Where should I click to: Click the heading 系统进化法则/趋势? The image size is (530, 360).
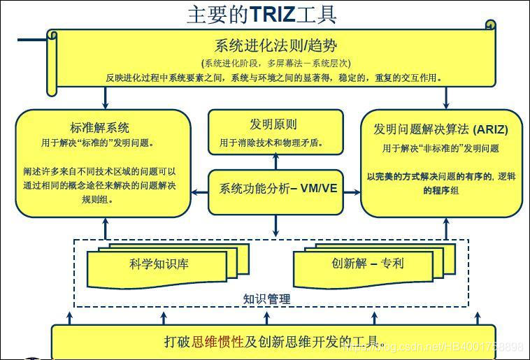pos(275,46)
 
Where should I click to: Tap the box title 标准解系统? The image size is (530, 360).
pos(100,127)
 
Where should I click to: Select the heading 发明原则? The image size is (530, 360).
pos(273,124)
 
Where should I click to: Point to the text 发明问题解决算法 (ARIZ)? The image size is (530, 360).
pos(441,129)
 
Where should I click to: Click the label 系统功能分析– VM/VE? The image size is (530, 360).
pos(278,189)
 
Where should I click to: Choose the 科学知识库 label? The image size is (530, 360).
pos(159,264)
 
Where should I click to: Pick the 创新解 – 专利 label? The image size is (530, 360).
pos(368,264)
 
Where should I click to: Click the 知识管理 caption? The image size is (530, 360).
pos(266,298)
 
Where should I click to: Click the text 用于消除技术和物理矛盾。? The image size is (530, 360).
pos(273,143)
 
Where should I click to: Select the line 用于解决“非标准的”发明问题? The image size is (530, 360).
pos(441,148)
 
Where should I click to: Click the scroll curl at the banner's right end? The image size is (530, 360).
pos(490,27)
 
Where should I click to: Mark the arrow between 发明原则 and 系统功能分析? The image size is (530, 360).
pos(275,162)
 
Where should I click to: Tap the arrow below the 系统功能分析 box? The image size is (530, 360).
pos(275,226)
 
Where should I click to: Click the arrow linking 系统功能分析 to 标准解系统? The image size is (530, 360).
pos(199,189)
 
